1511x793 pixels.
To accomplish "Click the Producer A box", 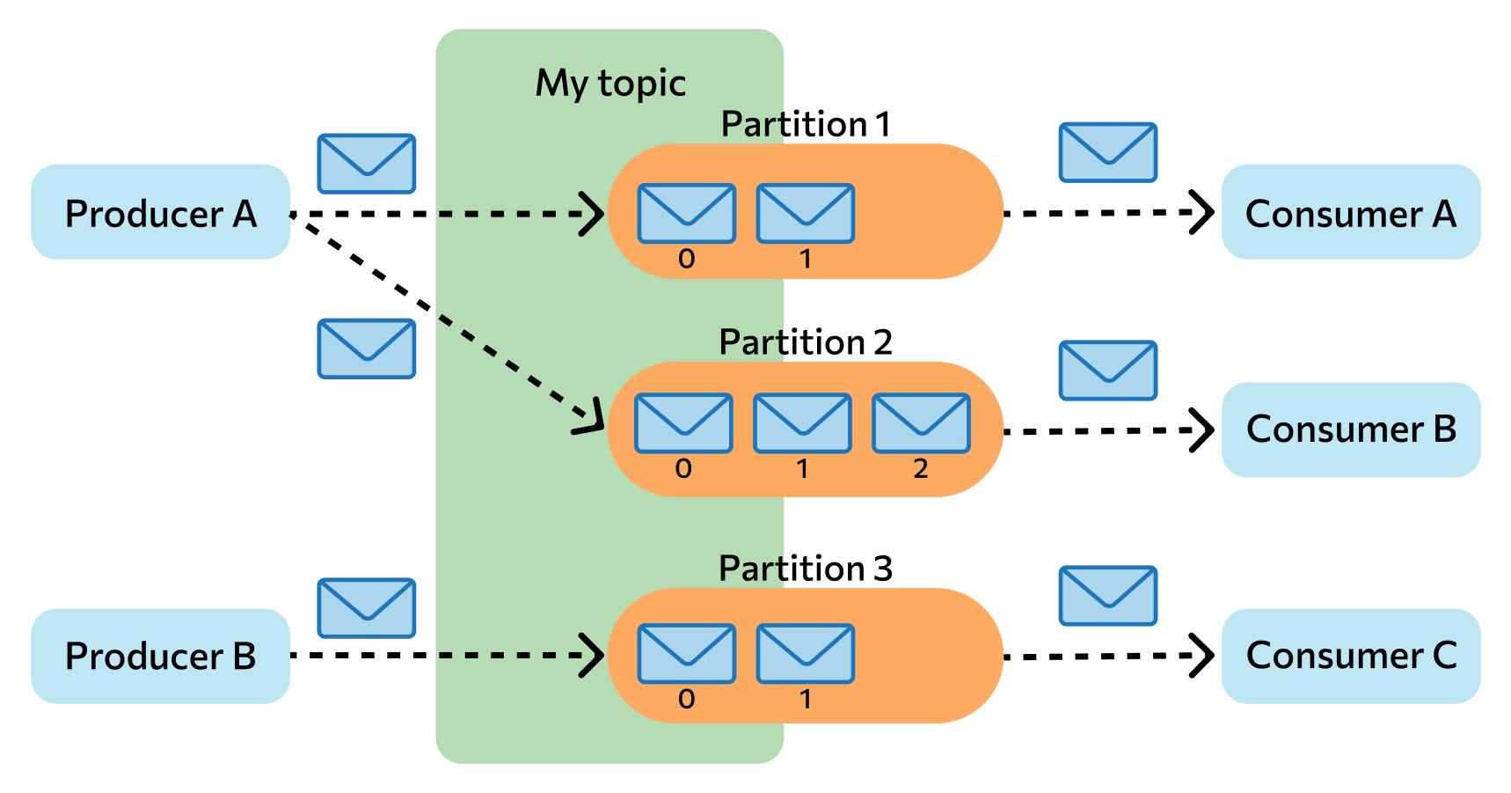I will tap(160, 212).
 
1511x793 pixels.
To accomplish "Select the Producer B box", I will tap(160, 656).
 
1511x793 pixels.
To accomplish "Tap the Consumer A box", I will tap(1351, 212).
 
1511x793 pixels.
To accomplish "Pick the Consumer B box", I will tap(1351, 430).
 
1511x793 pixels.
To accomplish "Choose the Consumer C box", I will tap(1351, 656).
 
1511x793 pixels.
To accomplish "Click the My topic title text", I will tap(610, 84).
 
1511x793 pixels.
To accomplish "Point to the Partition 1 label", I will tap(806, 124).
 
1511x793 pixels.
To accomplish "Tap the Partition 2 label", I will tap(806, 341).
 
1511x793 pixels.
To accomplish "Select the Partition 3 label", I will tap(806, 568).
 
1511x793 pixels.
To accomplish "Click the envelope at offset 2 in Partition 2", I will tap(921, 423).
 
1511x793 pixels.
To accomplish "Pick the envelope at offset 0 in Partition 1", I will tap(687, 213).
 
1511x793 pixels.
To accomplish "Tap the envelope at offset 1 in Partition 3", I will tap(805, 654).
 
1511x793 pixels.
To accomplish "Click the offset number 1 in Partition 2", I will tap(802, 468).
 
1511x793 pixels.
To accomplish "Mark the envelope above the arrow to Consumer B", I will tap(1108, 371).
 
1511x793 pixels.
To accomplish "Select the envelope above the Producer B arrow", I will tap(366, 608).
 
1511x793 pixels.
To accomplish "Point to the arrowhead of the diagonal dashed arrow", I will tap(591, 420).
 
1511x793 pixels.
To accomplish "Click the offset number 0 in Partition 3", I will tap(687, 699).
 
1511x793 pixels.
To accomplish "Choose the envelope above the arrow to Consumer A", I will tap(1108, 152).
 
